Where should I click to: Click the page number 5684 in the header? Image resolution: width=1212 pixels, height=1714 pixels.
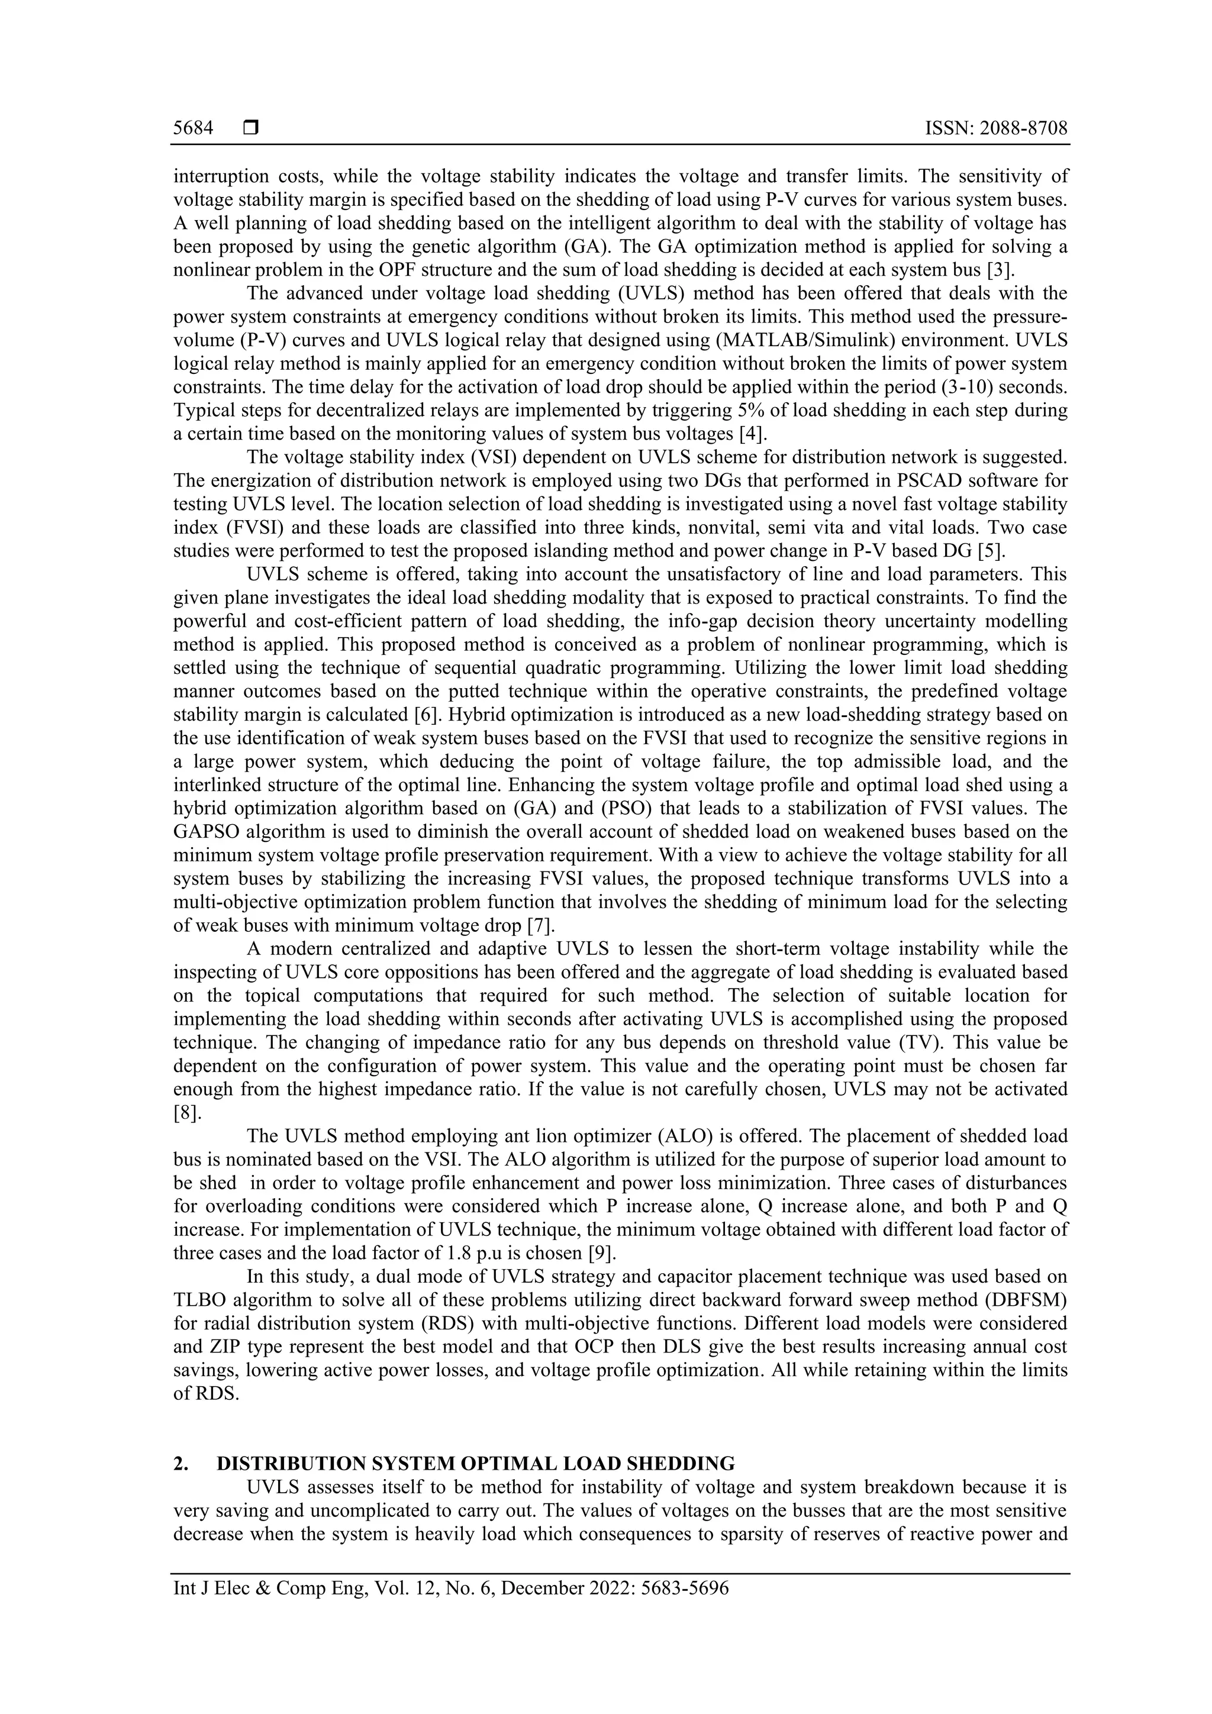point(194,128)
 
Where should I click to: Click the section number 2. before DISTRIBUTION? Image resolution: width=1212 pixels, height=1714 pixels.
point(180,1463)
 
